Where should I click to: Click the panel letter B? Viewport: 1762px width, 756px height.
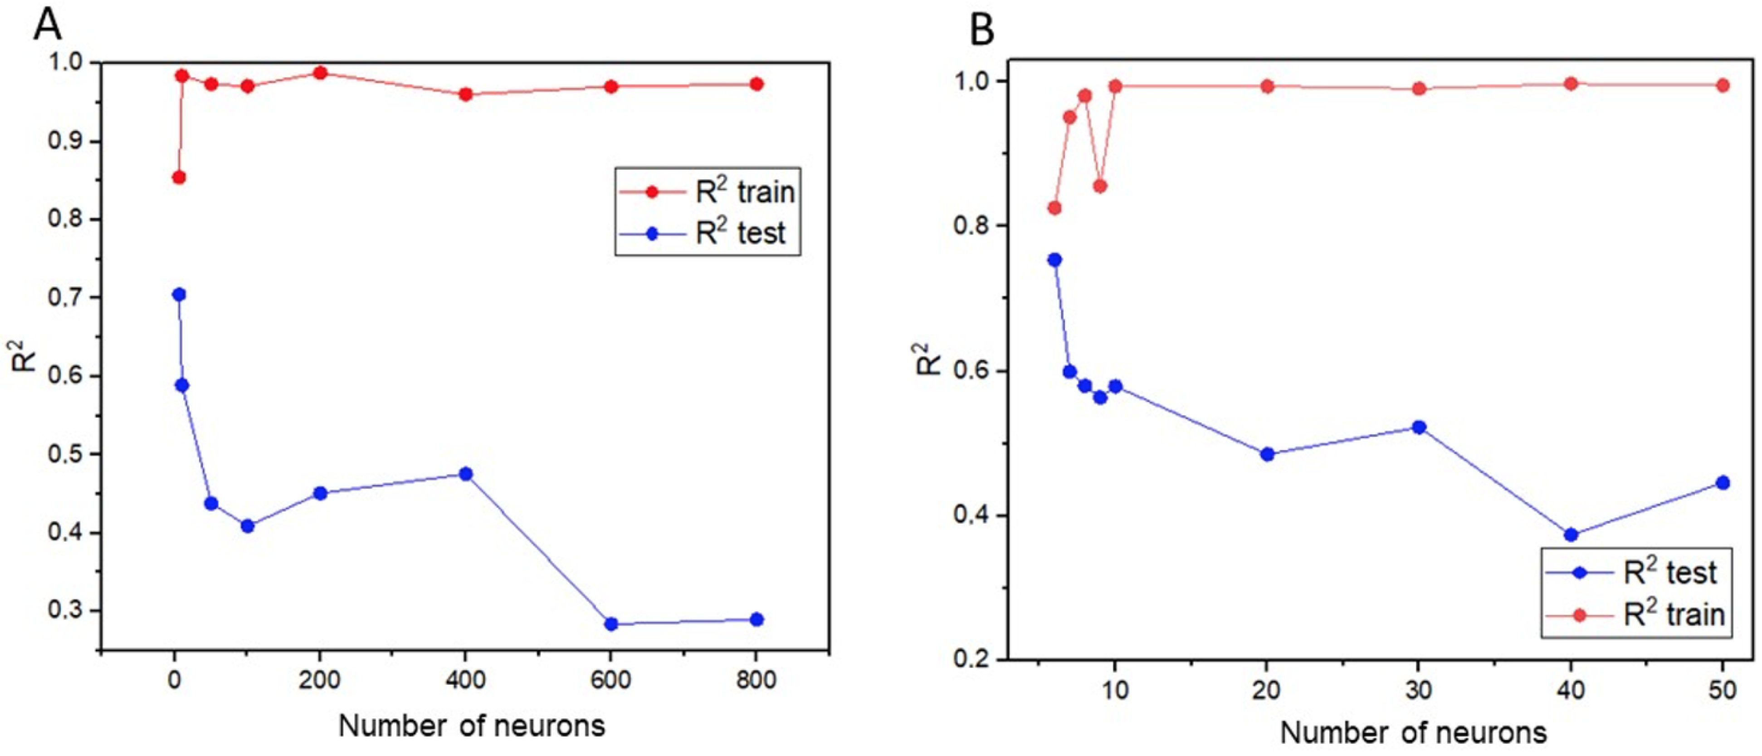coord(982,31)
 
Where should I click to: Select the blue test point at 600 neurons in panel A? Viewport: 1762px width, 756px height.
coord(611,624)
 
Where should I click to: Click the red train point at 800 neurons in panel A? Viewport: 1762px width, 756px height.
coord(757,84)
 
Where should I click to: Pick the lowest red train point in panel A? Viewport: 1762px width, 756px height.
coord(179,177)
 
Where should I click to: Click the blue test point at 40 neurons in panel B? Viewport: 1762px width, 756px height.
coord(1571,535)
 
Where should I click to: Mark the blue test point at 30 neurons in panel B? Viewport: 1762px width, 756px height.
coord(1419,427)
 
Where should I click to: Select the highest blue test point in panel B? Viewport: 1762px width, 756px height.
coord(1055,260)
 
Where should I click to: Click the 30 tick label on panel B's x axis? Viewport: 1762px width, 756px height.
coord(1419,690)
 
